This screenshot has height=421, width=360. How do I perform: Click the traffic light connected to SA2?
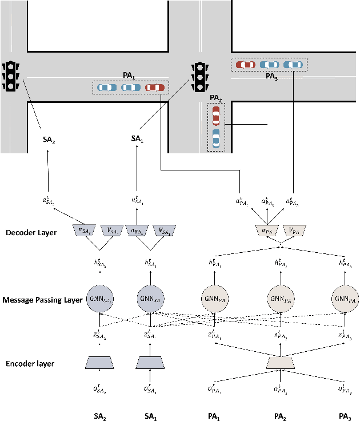click(x=9, y=76)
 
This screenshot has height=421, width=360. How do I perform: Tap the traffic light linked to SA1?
click(x=199, y=76)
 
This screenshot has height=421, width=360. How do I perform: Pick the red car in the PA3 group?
click(x=246, y=65)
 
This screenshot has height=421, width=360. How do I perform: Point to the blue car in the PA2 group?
click(x=215, y=139)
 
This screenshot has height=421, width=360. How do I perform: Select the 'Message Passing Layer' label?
click(x=41, y=300)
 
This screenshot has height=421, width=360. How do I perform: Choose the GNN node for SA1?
click(x=149, y=299)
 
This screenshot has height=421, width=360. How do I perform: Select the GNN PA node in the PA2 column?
click(x=281, y=299)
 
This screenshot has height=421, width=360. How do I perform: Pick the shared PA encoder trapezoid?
click(x=281, y=362)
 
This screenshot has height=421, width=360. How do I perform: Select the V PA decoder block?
click(x=294, y=231)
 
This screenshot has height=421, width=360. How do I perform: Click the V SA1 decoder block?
click(x=164, y=231)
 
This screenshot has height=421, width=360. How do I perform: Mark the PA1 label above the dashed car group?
click(x=129, y=74)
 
